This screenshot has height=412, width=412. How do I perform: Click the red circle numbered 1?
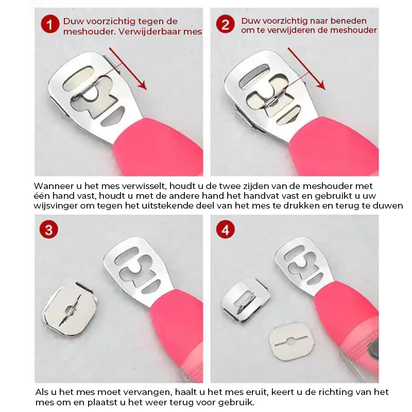(50, 24)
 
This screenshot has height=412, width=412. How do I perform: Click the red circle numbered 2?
(225, 24)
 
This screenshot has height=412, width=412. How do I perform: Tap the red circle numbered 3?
(48, 230)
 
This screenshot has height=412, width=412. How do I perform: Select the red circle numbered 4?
(225, 230)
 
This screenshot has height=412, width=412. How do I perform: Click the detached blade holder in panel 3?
(70, 311)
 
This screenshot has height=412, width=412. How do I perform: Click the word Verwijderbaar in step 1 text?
(155, 32)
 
